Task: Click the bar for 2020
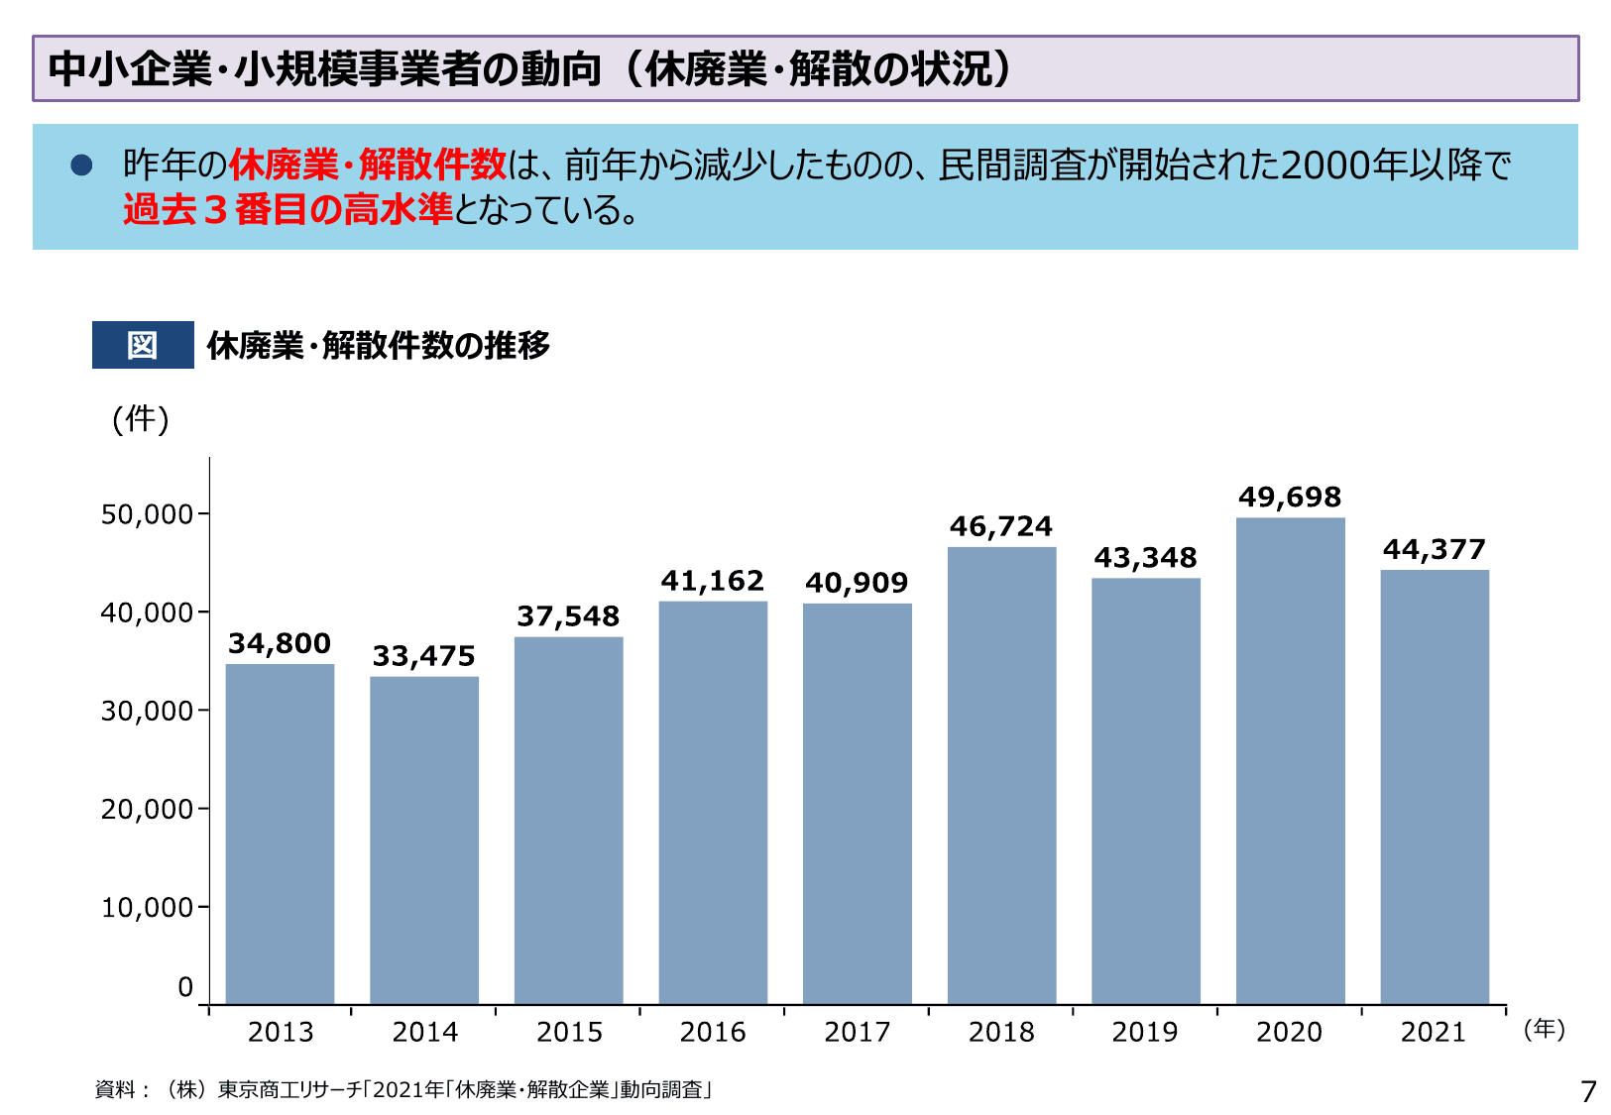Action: [x=1290, y=760]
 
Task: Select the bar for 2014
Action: [x=424, y=839]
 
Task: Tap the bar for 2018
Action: [x=1001, y=775]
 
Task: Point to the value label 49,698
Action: [x=1290, y=498]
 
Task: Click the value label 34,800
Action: [x=280, y=644]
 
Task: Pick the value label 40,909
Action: [x=857, y=583]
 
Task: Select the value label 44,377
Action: [x=1434, y=550]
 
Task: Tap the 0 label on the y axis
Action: [x=185, y=987]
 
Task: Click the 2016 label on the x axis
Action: [x=713, y=1033]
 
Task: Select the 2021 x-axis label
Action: [x=1434, y=1033]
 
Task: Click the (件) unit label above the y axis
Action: [x=141, y=419]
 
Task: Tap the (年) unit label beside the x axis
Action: [x=1544, y=1029]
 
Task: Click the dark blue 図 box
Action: [x=143, y=345]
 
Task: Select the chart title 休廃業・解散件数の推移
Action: [x=378, y=345]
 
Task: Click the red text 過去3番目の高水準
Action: [x=288, y=209]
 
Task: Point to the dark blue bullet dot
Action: [x=81, y=166]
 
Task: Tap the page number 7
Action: [x=1588, y=1091]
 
